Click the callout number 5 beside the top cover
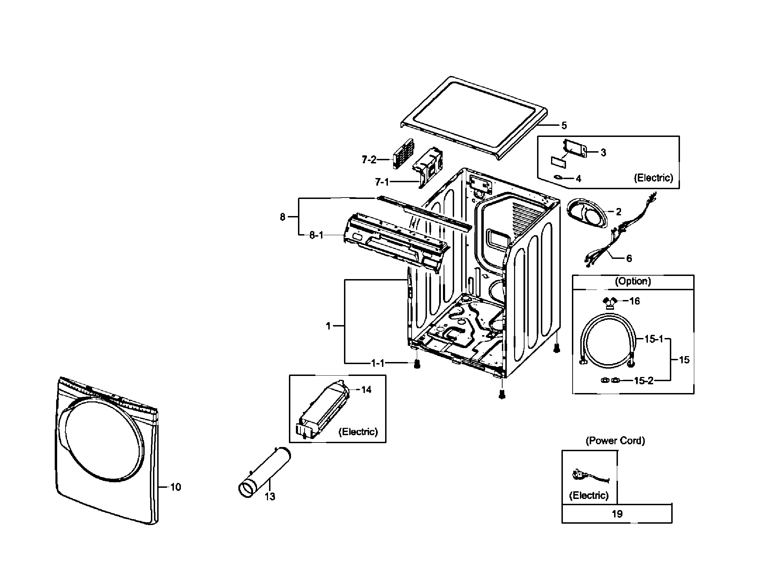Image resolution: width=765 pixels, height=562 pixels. pyautogui.click(x=564, y=125)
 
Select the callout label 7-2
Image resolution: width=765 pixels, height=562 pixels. pyautogui.click(x=369, y=160)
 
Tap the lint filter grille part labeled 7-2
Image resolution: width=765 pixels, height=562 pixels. pyautogui.click(x=403, y=153)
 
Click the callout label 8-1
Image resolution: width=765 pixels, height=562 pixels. pyautogui.click(x=316, y=236)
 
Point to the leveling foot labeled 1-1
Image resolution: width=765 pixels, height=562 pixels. pyautogui.click(x=417, y=365)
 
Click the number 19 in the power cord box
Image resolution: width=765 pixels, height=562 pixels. pyautogui.click(x=617, y=514)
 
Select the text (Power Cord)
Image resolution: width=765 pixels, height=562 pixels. pyautogui.click(x=615, y=441)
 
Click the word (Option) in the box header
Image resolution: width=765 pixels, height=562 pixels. pyautogui.click(x=633, y=281)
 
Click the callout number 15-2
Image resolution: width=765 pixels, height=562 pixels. pyautogui.click(x=643, y=381)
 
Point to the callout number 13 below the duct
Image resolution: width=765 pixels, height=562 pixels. pyautogui.click(x=270, y=496)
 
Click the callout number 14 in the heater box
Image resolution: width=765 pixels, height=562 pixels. pyautogui.click(x=366, y=390)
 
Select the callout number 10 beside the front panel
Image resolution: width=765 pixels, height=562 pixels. pyautogui.click(x=176, y=487)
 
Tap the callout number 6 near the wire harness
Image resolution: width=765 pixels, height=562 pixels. pyautogui.click(x=629, y=259)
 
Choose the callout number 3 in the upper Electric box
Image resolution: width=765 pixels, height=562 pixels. pyautogui.click(x=603, y=153)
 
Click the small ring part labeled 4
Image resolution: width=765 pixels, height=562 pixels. pyautogui.click(x=559, y=178)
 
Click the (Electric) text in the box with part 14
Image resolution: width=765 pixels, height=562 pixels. pyautogui.click(x=358, y=432)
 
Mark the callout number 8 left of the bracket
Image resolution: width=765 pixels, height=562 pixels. pyautogui.click(x=282, y=217)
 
